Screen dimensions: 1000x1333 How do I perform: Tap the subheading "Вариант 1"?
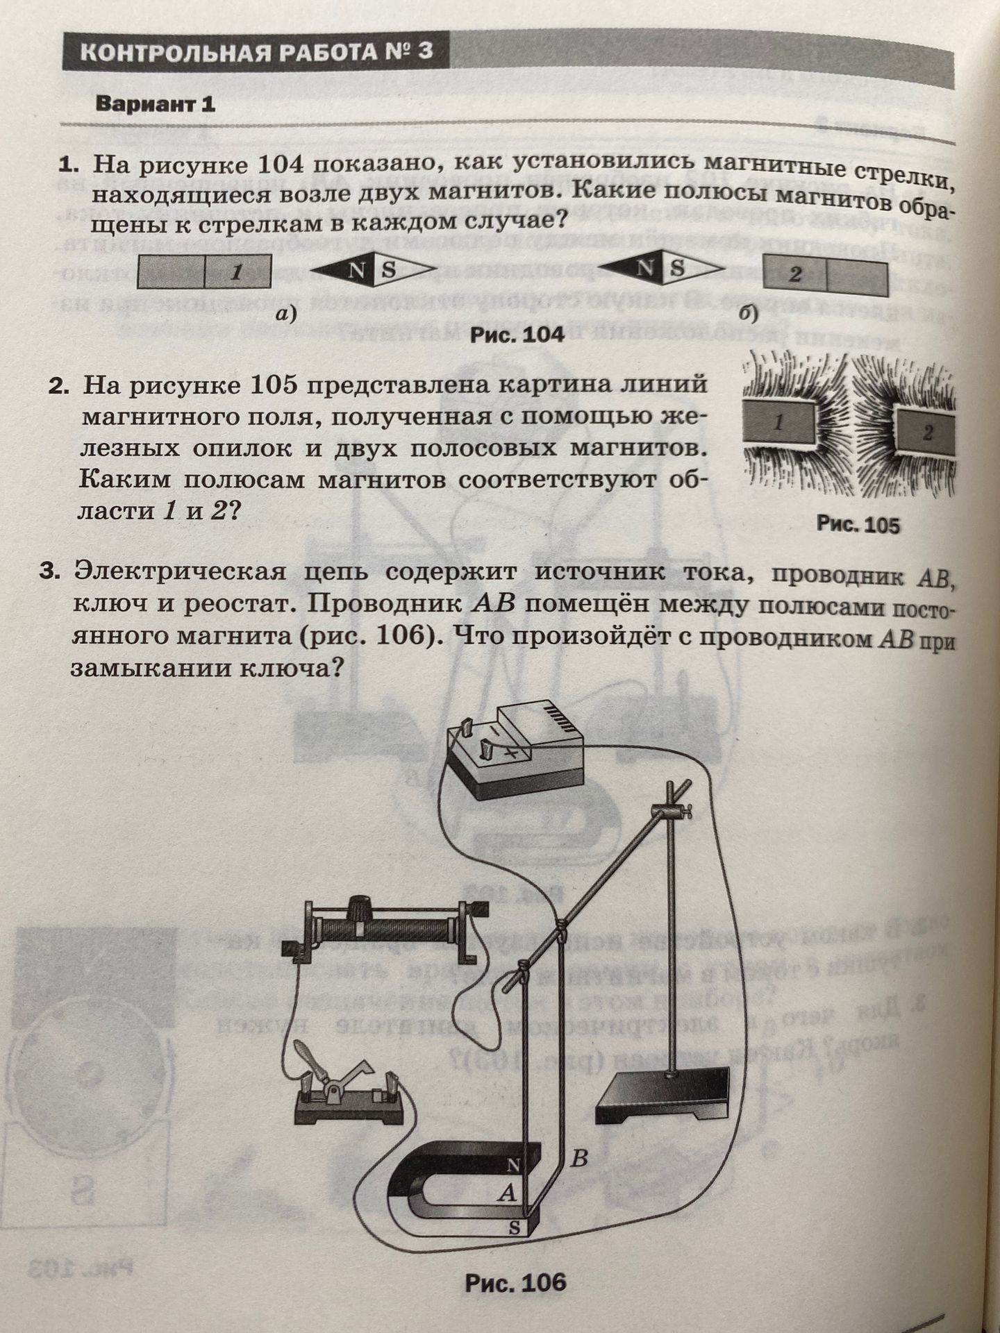tap(156, 104)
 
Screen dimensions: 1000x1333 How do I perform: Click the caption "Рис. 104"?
tap(517, 335)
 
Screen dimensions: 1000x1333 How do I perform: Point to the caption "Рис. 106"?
tap(516, 1282)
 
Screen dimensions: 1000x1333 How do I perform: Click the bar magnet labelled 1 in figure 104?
tap(204, 271)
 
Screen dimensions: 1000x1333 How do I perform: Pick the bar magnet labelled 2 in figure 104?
tap(826, 273)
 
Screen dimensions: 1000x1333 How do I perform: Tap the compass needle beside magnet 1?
tap(372, 271)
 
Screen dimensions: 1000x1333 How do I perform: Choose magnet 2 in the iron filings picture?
tap(925, 433)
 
